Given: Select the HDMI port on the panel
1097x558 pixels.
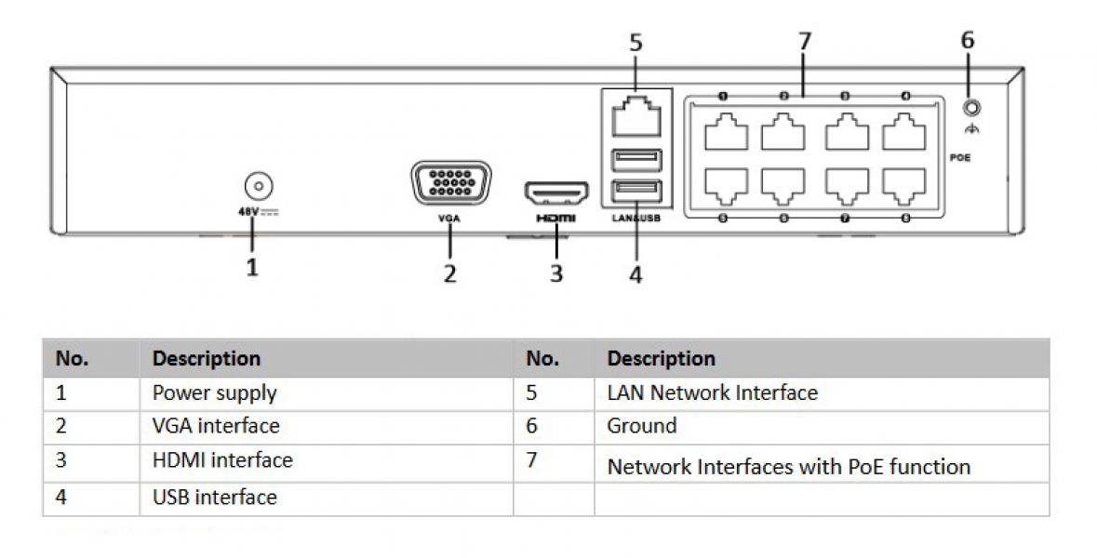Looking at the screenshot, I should click(556, 193).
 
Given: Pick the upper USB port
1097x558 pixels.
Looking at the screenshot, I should click(636, 160).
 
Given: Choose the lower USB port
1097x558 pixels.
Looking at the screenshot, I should click(636, 193).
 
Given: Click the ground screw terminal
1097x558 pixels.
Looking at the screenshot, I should click(973, 108).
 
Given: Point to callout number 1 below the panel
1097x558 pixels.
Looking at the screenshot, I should click(252, 268).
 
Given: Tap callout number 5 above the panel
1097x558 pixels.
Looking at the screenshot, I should click(636, 43).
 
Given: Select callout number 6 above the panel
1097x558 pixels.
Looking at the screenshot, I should click(968, 40).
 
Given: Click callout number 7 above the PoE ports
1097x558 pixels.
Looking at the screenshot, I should click(805, 42).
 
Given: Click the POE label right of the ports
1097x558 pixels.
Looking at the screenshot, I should click(960, 158).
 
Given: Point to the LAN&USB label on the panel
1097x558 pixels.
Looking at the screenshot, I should click(636, 218).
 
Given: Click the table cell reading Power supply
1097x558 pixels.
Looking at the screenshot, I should click(215, 393).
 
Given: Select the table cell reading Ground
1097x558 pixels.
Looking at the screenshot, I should click(642, 426).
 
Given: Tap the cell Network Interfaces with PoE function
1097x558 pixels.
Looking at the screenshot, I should click(788, 466).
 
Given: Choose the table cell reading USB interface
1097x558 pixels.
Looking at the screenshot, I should click(215, 498).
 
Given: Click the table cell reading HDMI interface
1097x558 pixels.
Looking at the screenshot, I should click(222, 460).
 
